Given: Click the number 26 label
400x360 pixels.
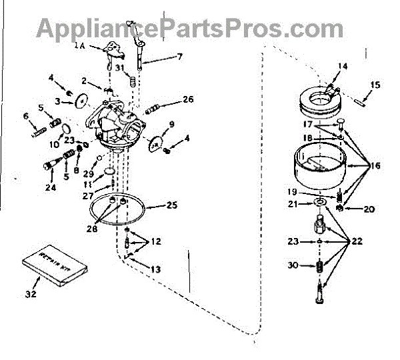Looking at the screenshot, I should [x=189, y=101].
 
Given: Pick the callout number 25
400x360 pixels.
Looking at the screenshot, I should [x=171, y=205].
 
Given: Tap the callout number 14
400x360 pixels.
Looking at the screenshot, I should [x=343, y=65].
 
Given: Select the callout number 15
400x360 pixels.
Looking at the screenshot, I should [x=375, y=85].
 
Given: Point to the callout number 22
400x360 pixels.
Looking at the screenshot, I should [x=357, y=241].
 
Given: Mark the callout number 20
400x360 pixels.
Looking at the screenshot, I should [x=369, y=209].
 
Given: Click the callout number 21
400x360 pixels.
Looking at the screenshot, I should [x=293, y=204].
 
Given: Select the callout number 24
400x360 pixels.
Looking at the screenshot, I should [x=51, y=187].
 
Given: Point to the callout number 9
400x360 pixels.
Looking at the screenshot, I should [x=171, y=124].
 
